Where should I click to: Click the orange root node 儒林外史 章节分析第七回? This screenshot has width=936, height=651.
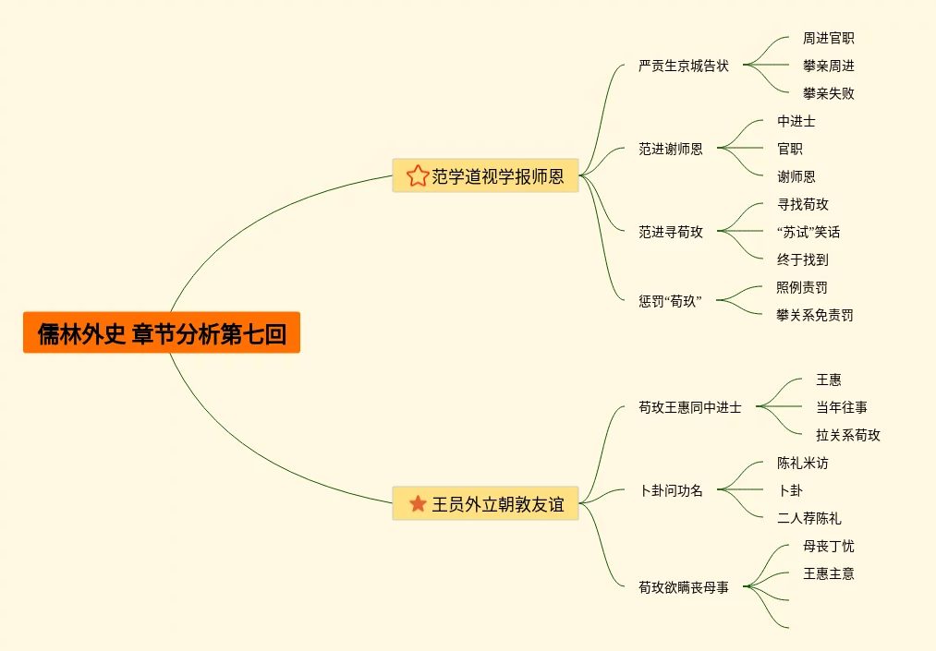(x=162, y=332)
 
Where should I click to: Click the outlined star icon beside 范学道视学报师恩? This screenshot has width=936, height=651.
(x=418, y=175)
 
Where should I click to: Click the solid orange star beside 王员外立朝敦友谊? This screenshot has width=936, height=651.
(x=418, y=504)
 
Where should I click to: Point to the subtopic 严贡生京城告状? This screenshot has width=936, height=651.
(x=683, y=66)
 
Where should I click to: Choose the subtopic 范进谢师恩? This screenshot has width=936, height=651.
(x=670, y=149)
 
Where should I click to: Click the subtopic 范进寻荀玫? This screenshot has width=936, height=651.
(x=670, y=232)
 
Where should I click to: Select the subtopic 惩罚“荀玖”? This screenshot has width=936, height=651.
(x=670, y=301)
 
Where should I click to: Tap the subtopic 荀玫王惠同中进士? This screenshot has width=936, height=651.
(x=689, y=407)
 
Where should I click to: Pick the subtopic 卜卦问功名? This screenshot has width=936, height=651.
(x=672, y=490)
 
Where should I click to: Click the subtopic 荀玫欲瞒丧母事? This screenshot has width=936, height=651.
(x=683, y=587)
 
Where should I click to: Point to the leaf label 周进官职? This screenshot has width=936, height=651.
(x=828, y=39)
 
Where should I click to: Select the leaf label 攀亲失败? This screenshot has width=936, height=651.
(x=828, y=93)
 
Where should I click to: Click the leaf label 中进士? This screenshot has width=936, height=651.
(x=796, y=121)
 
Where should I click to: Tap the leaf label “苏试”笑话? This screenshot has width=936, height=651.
(x=808, y=232)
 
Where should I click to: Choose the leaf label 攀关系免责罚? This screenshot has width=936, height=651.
(x=814, y=315)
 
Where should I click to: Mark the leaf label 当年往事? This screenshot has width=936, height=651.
(x=841, y=407)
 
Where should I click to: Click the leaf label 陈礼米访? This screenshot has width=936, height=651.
(x=802, y=463)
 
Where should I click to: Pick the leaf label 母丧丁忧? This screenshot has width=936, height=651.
(x=828, y=546)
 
